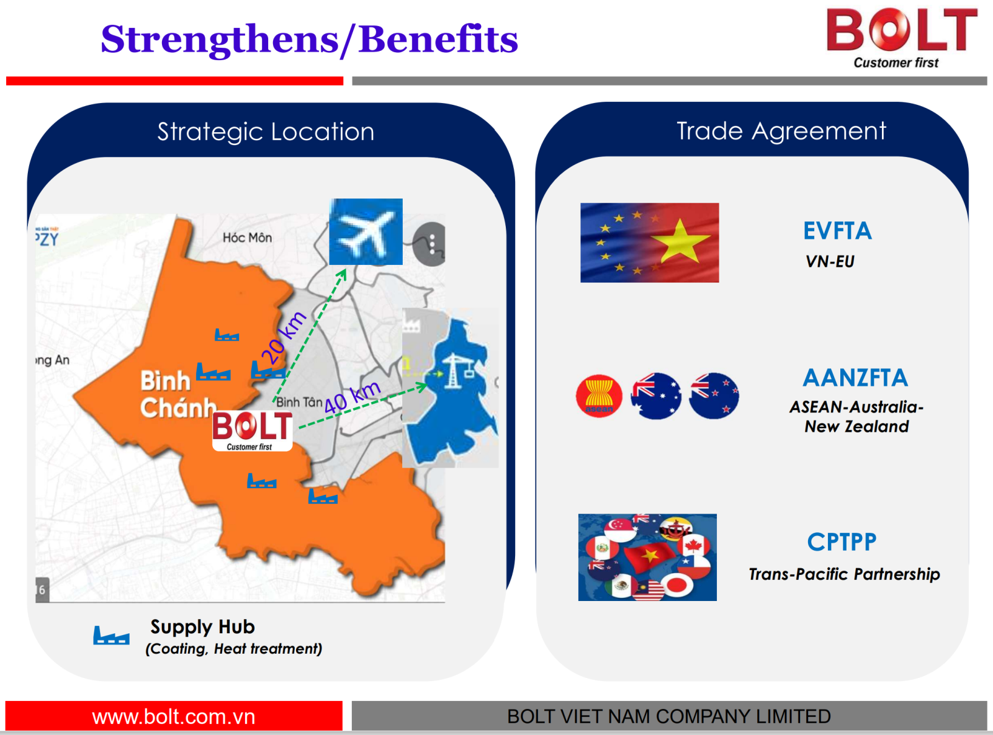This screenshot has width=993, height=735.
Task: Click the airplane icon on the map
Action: coord(366,231)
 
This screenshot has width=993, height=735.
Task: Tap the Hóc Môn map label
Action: coord(247,238)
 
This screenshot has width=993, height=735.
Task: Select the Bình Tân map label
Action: coord(299,402)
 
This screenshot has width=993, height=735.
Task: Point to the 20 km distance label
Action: coord(283,339)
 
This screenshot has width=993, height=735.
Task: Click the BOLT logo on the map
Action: coord(253,430)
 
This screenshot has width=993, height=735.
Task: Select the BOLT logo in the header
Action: coord(901,38)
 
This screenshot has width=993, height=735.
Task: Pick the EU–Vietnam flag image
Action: coord(650,243)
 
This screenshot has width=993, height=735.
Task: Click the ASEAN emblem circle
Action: coord(599,396)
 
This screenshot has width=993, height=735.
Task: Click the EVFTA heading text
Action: coord(837,231)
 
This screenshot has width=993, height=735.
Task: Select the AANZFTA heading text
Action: coord(855,378)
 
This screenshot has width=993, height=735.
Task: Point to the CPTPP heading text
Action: coord(842,542)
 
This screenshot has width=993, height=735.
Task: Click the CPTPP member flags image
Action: coord(647,557)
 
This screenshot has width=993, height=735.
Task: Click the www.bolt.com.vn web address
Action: coord(174,716)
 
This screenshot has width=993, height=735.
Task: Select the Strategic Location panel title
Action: coord(266,131)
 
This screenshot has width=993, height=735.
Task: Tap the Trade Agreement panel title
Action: coord(781,131)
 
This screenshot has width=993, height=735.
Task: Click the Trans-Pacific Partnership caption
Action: coord(845,574)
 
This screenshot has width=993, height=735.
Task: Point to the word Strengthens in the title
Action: coord(220,40)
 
